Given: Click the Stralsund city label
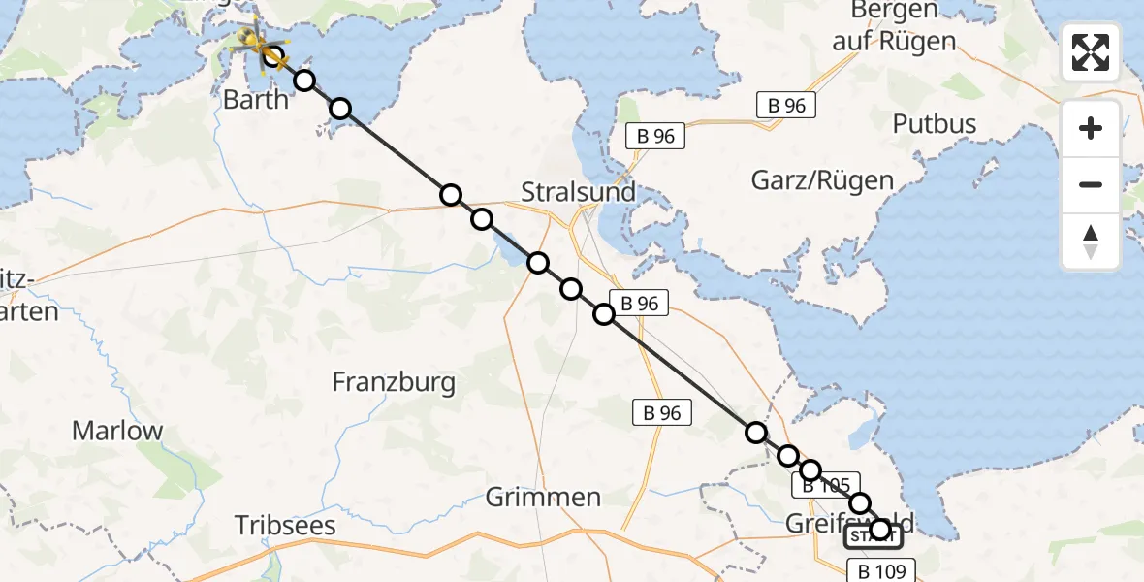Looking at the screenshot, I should point(578,191).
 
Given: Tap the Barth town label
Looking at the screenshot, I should point(255,99).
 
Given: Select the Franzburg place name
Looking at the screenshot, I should point(394,382).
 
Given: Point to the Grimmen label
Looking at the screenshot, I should point(543,498).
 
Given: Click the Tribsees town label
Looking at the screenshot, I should point(285,526).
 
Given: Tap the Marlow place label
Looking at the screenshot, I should point(117,431).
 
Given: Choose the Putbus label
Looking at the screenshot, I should point(935,124).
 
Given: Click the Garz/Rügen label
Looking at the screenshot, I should point(822,179).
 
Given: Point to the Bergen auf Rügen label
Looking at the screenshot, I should point(894,26).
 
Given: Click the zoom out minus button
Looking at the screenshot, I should point(1091,184).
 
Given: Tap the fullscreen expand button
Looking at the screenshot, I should point(1091,52).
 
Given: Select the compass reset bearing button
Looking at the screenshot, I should point(1091,242).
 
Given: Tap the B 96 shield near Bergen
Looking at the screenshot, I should point(785,106).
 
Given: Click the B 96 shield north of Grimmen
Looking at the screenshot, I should point(662,413).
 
